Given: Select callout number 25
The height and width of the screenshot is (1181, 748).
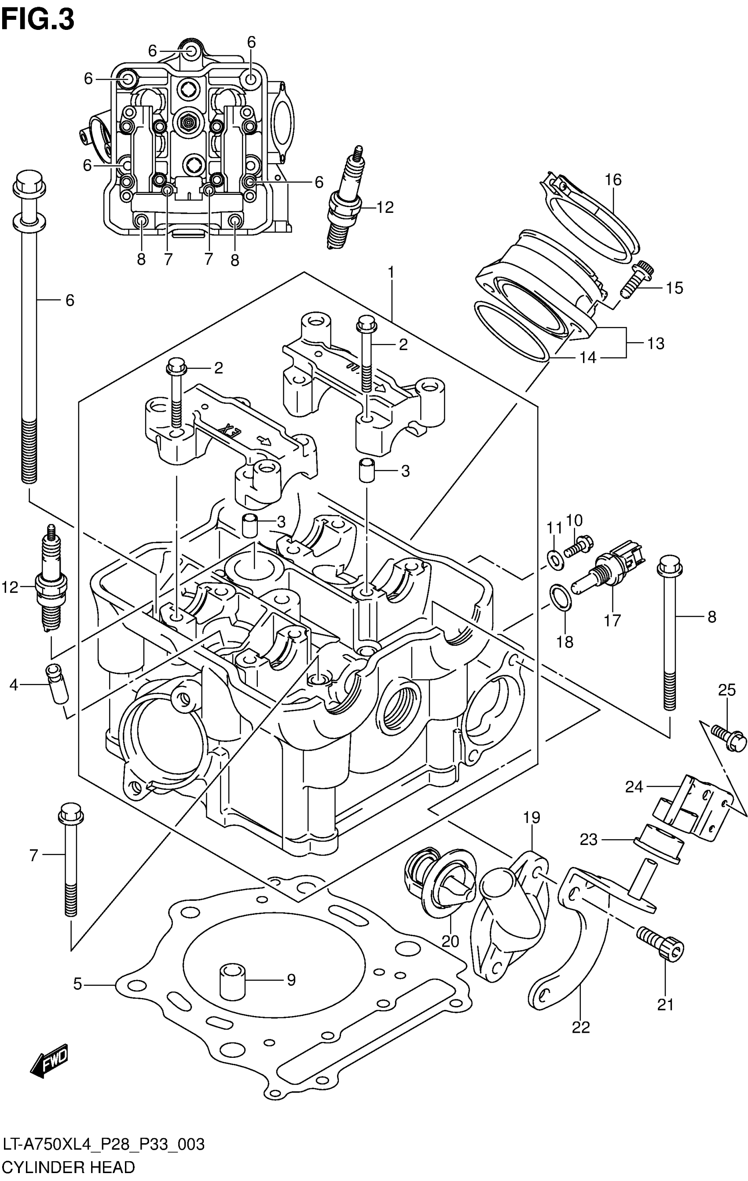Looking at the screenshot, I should pos(726,691).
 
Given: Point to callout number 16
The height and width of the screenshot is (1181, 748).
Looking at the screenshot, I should pos(613,180).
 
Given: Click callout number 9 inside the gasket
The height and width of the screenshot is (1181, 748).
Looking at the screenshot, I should pos(291,980).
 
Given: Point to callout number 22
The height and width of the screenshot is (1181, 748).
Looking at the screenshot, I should pos(581,1027).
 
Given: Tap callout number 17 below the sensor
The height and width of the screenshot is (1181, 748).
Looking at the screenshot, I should pos(612,621).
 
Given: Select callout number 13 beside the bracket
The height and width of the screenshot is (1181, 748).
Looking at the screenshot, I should pos(656,344).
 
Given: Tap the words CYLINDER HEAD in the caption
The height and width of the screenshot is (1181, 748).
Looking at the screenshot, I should pos(68,1167).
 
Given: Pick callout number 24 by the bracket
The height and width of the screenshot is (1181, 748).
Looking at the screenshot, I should pos(634,787).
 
